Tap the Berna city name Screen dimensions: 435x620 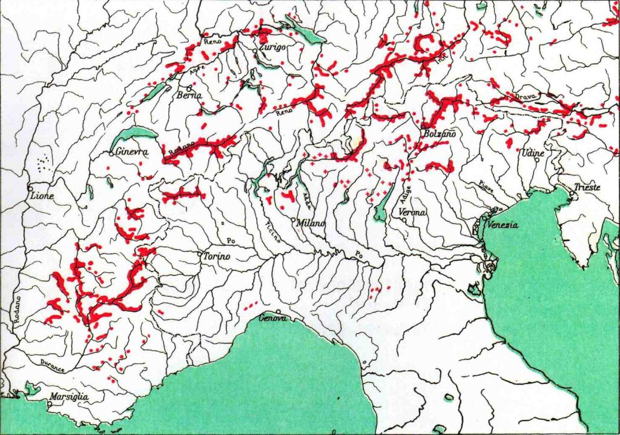tap(190, 96)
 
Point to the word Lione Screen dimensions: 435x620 tap(41, 196)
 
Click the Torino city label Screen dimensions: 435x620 tap(217, 257)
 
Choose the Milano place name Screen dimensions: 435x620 tap(311, 224)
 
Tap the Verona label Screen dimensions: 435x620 tap(413, 212)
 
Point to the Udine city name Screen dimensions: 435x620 tap(533, 153)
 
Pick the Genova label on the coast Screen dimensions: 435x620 tap(272, 317)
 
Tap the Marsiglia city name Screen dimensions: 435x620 tap(69, 397)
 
